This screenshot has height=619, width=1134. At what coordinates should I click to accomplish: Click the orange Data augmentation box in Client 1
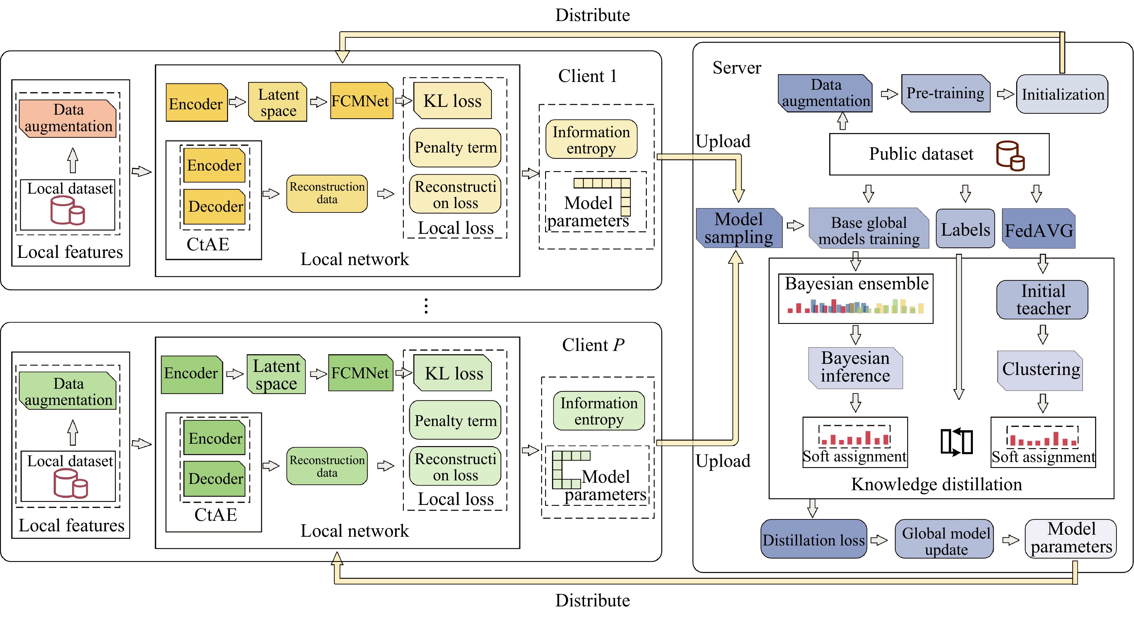68,118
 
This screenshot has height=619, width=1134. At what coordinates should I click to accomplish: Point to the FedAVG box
1039,229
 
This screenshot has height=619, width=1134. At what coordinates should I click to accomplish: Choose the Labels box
965,229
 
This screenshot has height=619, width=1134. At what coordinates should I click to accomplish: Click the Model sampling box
739,228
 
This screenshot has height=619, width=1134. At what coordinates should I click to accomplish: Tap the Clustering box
1040,370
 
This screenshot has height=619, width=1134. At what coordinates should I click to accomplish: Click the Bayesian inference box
855,367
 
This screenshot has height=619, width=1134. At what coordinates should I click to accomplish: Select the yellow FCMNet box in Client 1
361,101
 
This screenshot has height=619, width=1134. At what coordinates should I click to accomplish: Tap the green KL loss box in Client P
453,373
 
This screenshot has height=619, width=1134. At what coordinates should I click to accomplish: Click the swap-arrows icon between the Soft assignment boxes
956,442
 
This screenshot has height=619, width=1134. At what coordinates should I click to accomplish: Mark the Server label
736,68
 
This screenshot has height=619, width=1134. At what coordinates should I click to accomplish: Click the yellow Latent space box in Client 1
278,102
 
